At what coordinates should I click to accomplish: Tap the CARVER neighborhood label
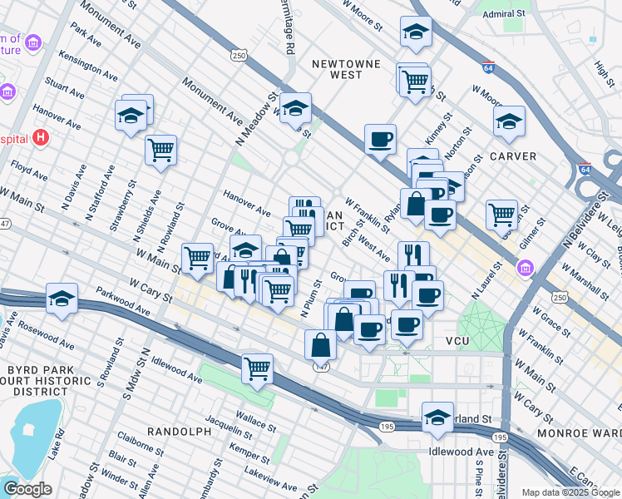click(x=512, y=156)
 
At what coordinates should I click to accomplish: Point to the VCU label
click(x=457, y=342)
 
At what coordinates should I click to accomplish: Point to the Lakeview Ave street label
click(x=267, y=477)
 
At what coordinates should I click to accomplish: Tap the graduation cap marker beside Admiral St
click(x=416, y=32)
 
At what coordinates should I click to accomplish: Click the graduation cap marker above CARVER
click(x=509, y=121)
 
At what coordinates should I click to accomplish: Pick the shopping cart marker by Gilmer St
click(x=502, y=214)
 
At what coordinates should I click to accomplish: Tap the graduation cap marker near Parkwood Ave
click(x=62, y=298)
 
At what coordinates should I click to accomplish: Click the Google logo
click(x=28, y=489)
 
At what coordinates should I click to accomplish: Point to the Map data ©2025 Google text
click(x=570, y=492)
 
